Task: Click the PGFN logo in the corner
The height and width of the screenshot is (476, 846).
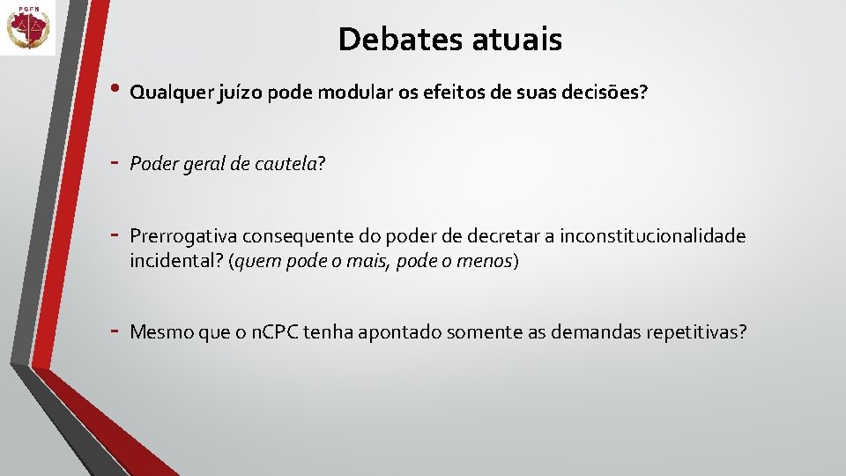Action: coord(28,28)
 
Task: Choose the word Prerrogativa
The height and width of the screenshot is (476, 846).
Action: coord(182,236)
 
